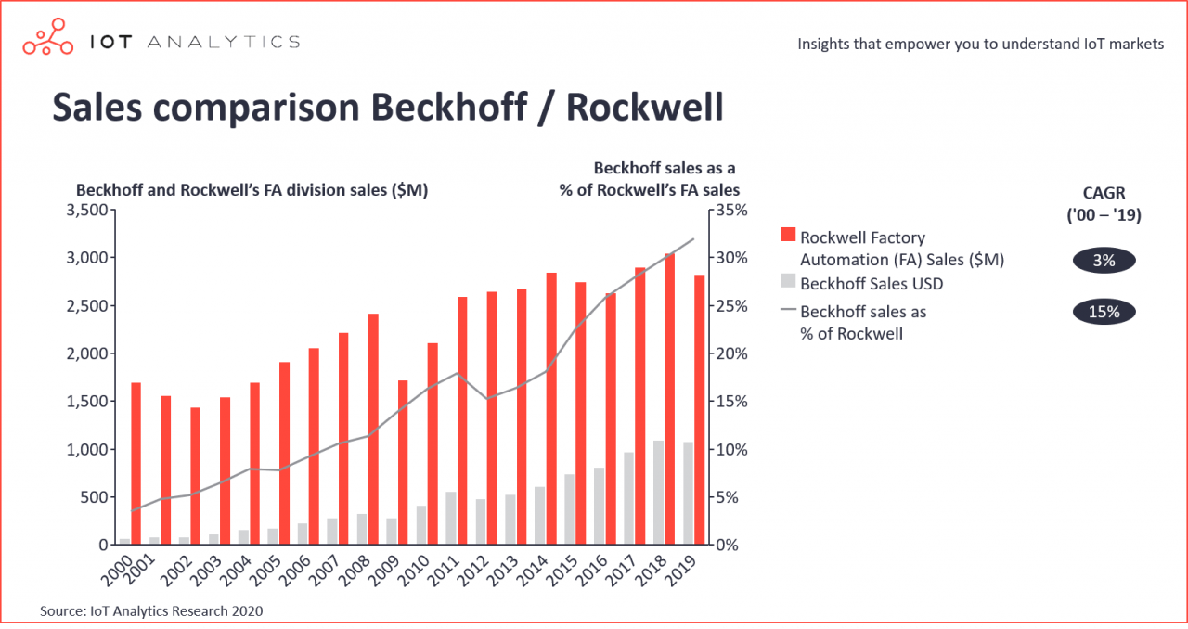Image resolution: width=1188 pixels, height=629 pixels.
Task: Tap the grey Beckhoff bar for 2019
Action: [688, 493]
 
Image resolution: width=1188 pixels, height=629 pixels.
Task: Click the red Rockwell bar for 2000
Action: [136, 463]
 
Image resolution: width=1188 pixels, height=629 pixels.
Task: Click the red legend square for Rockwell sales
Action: [788, 237]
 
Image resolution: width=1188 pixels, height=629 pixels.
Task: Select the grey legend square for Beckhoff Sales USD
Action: [788, 281]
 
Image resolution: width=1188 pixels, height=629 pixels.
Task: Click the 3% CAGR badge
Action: [1104, 261]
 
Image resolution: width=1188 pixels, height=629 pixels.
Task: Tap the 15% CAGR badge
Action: [1104, 312]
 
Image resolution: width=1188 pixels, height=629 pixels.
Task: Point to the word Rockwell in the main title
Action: [644, 107]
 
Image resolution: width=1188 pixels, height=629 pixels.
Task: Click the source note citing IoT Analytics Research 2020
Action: [151, 610]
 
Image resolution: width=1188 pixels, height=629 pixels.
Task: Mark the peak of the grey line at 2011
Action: [456, 373]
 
